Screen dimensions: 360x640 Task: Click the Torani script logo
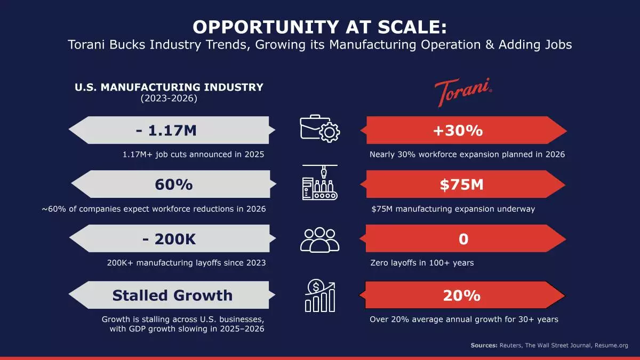(x=462, y=93)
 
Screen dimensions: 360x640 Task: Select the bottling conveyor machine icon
(x=319, y=184)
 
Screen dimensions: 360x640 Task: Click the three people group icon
(x=319, y=239)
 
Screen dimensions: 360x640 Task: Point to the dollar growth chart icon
(x=319, y=296)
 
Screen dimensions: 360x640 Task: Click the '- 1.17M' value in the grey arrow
(x=165, y=130)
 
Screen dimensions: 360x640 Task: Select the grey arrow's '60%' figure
(x=174, y=185)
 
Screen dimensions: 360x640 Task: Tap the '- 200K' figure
(x=170, y=239)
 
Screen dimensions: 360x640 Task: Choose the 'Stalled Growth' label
(x=172, y=295)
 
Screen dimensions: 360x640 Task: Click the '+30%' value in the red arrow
(x=463, y=130)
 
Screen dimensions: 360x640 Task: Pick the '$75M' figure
(x=462, y=185)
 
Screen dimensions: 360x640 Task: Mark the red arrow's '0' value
(x=463, y=239)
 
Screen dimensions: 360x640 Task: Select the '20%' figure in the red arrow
(x=462, y=295)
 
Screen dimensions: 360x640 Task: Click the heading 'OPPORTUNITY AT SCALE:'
(x=320, y=27)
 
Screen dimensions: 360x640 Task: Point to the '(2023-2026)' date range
(x=169, y=98)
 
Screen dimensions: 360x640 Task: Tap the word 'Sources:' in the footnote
(x=484, y=346)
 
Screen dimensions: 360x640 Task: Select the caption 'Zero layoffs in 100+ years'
(x=422, y=263)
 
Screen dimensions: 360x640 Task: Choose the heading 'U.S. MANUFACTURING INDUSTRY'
(x=169, y=87)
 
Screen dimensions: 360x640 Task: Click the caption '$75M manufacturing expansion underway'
(x=453, y=209)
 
